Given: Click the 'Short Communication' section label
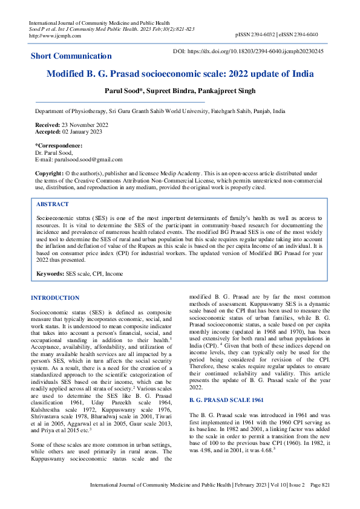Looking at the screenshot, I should [71, 56].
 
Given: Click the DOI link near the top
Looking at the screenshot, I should [257, 51].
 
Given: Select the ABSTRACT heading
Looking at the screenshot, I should [53, 204].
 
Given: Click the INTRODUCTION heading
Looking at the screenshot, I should [55, 298].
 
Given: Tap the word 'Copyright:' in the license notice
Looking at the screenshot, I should [50, 173].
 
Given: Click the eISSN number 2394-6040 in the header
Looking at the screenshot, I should [312, 36].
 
